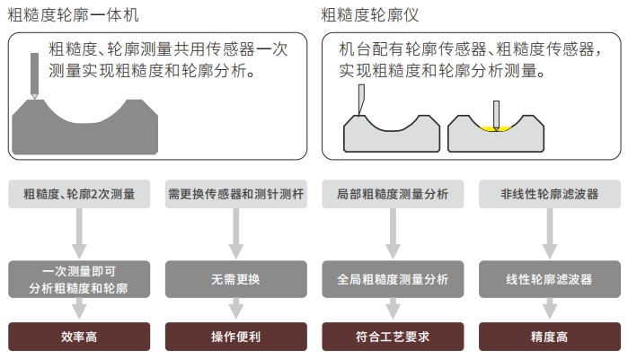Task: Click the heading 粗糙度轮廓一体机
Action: tap(74, 15)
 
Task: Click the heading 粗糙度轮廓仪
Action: tap(369, 15)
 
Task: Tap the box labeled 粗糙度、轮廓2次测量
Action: tap(79, 194)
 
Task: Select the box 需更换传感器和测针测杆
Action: tap(236, 194)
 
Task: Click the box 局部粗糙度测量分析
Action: tap(393, 194)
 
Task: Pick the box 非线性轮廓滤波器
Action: tap(550, 194)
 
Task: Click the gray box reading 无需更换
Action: tap(236, 279)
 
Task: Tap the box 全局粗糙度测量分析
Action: tap(393, 279)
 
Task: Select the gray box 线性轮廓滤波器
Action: tap(550, 279)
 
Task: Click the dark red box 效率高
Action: tap(79, 337)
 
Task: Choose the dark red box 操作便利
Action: tap(236, 337)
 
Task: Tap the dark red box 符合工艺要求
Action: tap(393, 337)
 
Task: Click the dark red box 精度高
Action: tap(550, 337)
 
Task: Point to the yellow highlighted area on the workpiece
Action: tap(496, 128)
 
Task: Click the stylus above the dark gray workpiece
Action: tap(35, 75)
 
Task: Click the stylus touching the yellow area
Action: tap(496, 115)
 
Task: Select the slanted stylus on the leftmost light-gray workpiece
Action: tap(361, 99)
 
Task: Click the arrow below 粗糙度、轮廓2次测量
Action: tap(79, 234)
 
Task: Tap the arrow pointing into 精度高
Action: tap(550, 309)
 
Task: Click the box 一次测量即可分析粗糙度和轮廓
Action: tap(79, 279)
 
